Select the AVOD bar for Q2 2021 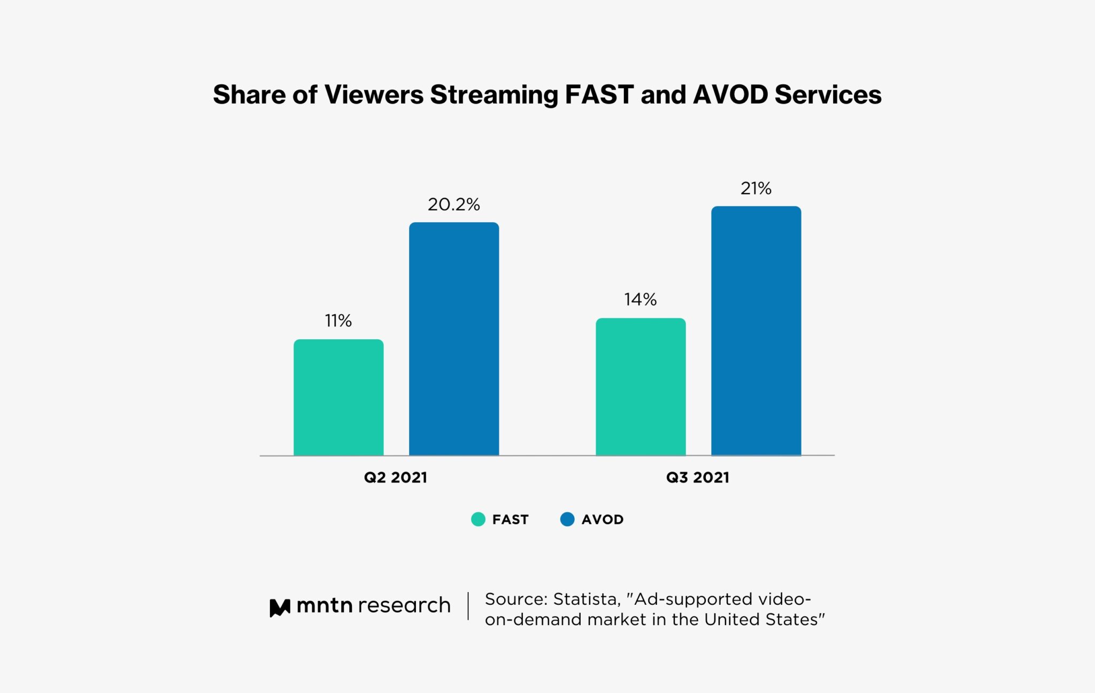(x=454, y=339)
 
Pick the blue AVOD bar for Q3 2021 (x=756, y=331)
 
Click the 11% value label (x=338, y=321)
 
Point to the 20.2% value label (x=454, y=205)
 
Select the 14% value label (x=641, y=299)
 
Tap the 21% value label (x=756, y=189)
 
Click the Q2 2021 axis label (x=396, y=477)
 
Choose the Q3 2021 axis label (x=698, y=477)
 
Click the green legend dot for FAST (x=478, y=519)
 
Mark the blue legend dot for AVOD (x=567, y=519)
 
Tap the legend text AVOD (x=603, y=519)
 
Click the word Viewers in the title (x=374, y=95)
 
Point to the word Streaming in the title (x=494, y=96)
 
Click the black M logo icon (x=280, y=608)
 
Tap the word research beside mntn (x=404, y=605)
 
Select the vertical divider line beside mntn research (x=468, y=606)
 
